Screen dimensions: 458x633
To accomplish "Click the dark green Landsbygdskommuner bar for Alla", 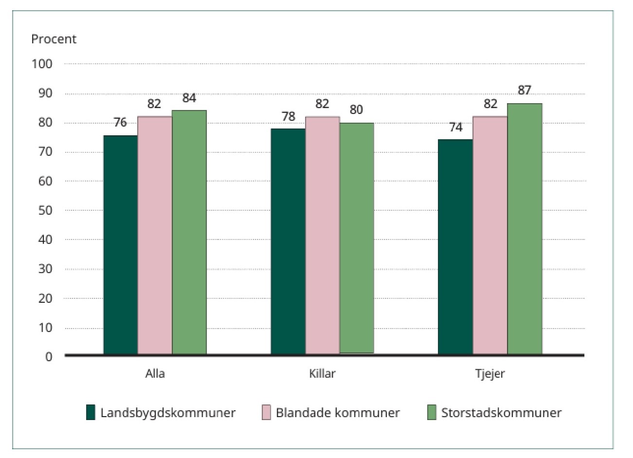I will [121, 245].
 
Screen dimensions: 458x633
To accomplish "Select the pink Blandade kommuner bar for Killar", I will [322, 236].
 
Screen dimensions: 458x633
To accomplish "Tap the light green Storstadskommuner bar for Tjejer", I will [524, 229].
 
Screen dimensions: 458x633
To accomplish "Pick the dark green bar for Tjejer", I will [455, 247].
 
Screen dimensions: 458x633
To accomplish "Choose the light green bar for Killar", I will [357, 238].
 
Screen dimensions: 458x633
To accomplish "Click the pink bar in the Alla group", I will [155, 236].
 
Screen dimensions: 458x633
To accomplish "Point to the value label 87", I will [524, 91].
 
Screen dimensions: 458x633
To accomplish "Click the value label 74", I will [455, 128].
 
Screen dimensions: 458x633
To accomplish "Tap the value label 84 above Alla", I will [189, 98].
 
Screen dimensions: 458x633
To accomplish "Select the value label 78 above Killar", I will [289, 117].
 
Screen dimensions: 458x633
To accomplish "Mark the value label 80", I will [356, 110].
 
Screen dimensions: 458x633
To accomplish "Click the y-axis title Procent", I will [54, 39].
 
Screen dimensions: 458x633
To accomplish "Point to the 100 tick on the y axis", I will [42, 64].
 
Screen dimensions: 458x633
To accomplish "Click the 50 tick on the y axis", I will [45, 210].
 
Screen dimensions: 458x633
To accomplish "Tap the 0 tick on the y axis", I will [49, 357].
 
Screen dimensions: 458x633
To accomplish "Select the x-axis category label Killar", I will [322, 374].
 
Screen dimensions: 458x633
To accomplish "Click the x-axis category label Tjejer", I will [490, 374].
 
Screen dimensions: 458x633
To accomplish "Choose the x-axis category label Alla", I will [155, 374].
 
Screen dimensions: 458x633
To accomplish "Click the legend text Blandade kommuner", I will [338, 413].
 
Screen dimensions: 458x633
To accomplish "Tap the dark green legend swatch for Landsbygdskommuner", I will [90, 412].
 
